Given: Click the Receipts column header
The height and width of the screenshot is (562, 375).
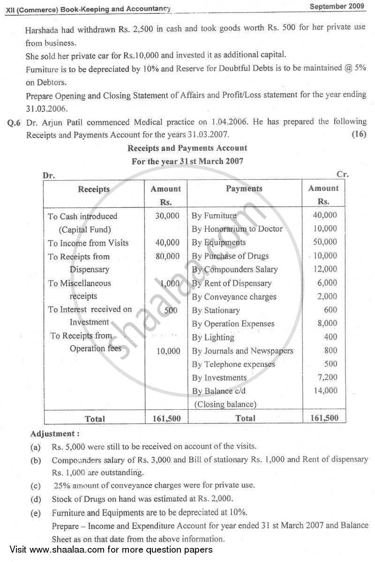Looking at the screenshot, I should point(94,189).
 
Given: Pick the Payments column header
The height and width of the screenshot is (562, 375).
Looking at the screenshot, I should point(244,189).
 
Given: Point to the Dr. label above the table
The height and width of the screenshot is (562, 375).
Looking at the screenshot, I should point(49,176).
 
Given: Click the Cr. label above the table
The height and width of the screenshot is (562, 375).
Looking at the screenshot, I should point(343,174).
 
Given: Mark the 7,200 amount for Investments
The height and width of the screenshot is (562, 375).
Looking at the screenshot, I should point(327,377).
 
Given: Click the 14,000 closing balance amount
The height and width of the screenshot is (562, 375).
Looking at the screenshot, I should point(325,390).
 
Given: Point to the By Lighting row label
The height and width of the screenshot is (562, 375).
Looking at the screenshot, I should point(213,337).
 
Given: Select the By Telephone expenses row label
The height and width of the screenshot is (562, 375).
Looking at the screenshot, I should point(233,364).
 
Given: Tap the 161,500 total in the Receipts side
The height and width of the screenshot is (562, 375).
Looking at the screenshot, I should point(165,418).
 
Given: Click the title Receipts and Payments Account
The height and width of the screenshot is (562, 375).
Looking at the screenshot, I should point(187,148).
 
